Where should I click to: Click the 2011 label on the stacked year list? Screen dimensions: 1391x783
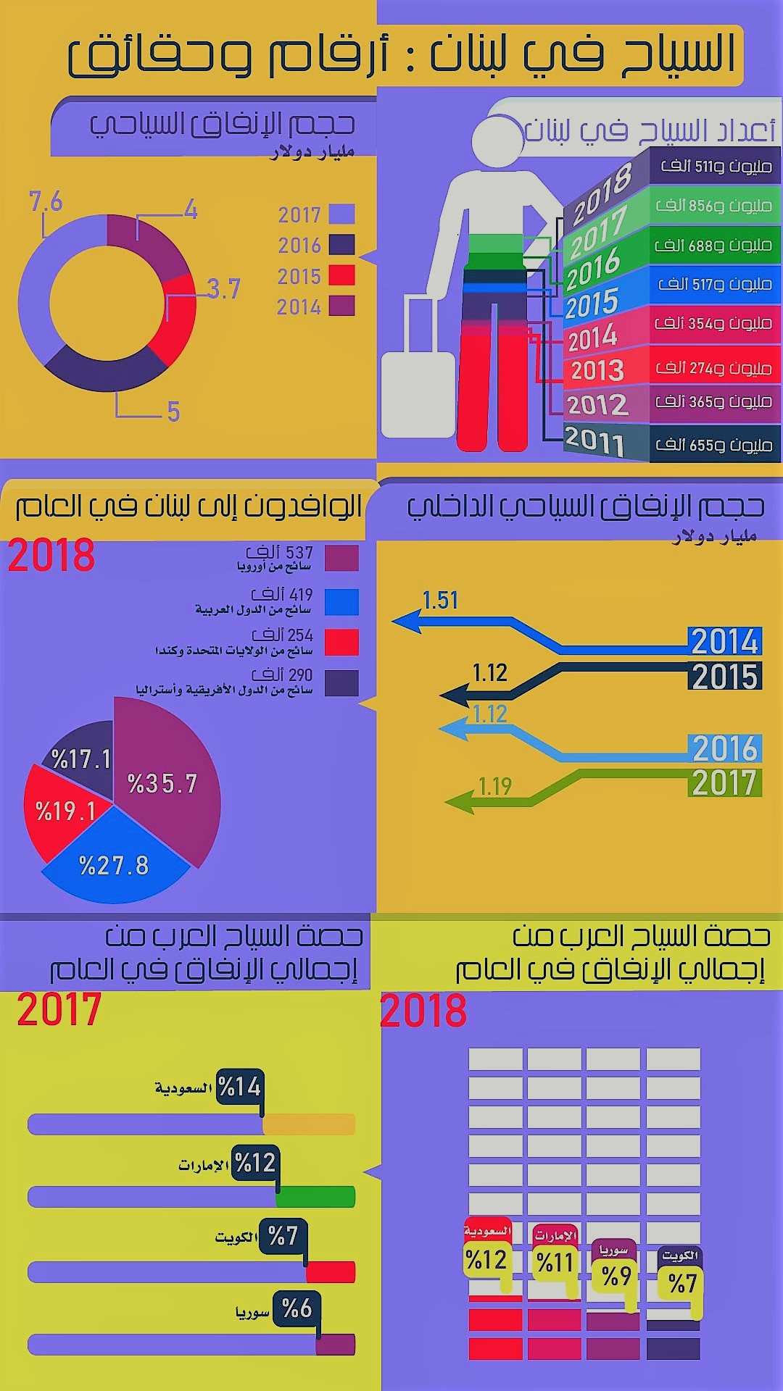[594, 440]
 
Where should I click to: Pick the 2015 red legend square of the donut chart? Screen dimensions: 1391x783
[341, 275]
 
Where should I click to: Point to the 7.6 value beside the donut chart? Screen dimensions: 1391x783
[46, 202]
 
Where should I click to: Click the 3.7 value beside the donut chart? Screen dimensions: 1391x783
[223, 289]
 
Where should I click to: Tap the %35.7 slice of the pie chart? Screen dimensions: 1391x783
[162, 783]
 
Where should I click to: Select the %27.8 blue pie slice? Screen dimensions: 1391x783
[114, 865]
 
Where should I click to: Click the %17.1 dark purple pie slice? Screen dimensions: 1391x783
[81, 759]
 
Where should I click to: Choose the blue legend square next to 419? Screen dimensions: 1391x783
[341, 602]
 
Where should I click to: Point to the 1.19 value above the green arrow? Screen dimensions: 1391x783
[495, 786]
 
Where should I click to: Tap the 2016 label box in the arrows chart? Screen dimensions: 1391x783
[724, 748]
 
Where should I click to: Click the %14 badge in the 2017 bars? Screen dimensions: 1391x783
[239, 1087]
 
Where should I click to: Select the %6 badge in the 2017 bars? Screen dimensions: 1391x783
[297, 1308]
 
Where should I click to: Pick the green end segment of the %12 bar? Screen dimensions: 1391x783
[315, 1197]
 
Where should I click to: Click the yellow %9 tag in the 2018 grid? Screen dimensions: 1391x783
[616, 1276]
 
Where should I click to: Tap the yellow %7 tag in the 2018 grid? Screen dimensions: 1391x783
[682, 1283]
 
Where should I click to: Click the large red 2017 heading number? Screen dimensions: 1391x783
[59, 1010]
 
